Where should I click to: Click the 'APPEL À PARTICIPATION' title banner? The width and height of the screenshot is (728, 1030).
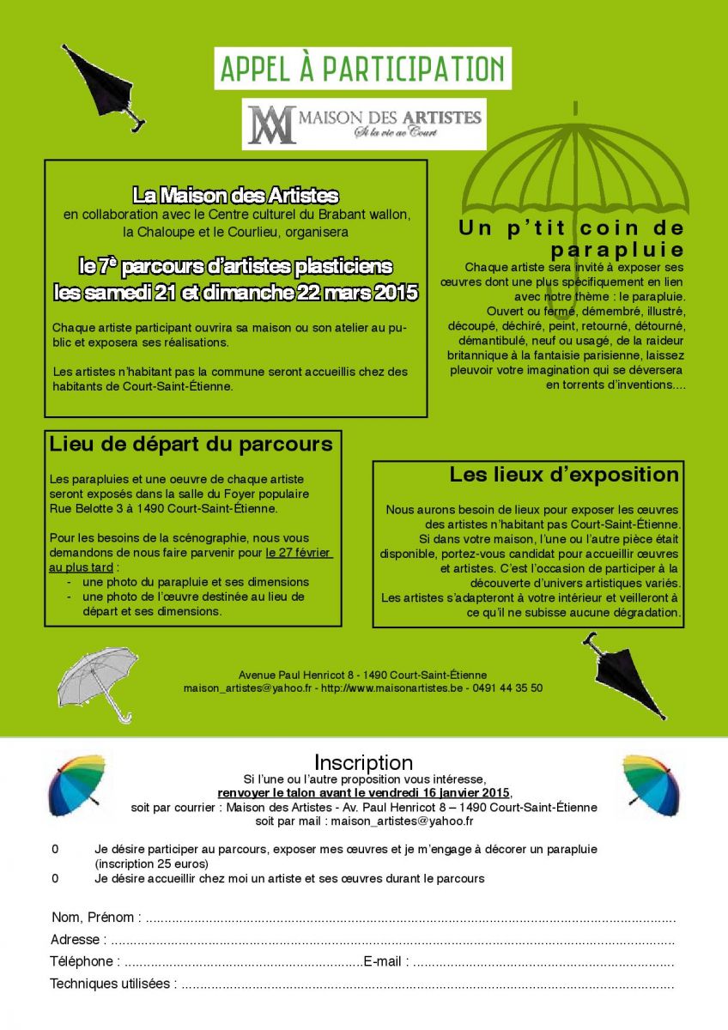362,69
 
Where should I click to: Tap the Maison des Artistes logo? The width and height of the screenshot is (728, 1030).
364,124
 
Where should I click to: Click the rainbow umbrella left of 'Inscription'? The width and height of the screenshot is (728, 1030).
76,784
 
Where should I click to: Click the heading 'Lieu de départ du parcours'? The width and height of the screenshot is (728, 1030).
191,445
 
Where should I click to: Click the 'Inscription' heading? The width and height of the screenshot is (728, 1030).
363,762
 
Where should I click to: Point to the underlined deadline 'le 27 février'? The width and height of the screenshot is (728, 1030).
299,553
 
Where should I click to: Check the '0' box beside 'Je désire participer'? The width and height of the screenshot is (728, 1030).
55,849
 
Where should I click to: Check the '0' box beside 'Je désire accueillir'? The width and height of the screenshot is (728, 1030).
55,878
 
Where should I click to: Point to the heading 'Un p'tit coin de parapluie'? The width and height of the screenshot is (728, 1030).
572,239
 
